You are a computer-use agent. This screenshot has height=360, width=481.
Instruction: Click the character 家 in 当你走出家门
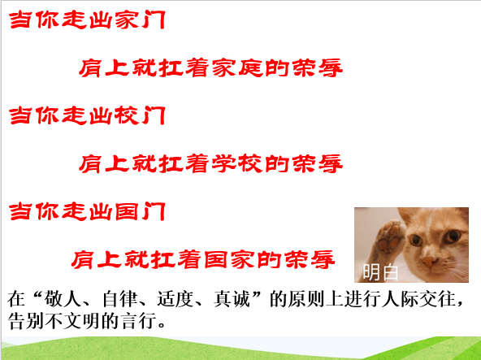[127, 20]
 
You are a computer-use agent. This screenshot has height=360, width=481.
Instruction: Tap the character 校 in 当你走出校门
[127, 115]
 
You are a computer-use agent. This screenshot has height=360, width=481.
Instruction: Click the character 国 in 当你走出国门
[127, 211]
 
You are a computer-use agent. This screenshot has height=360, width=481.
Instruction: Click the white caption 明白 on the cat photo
[380, 272]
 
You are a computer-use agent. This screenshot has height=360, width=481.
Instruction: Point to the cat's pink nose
[430, 262]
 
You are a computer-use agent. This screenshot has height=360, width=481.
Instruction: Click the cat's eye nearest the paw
[416, 240]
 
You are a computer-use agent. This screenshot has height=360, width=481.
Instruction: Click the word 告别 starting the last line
[25, 321]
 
